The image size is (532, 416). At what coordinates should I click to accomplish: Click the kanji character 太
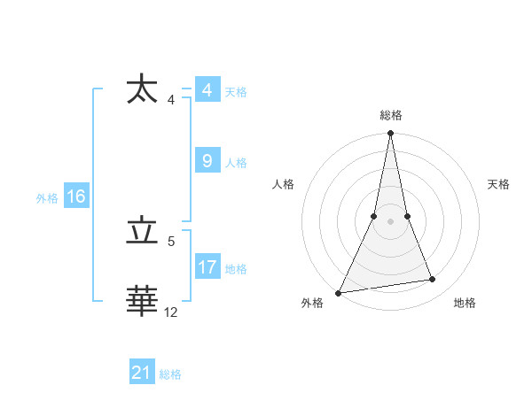click(142, 90)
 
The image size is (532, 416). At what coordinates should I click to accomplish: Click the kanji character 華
click(142, 301)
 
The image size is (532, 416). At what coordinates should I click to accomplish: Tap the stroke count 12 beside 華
click(171, 312)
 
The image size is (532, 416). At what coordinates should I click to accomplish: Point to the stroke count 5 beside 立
click(171, 241)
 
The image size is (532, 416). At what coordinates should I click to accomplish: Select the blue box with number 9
click(207, 161)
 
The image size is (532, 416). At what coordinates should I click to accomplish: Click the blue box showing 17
click(207, 267)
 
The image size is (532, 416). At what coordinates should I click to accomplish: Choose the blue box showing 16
click(75, 196)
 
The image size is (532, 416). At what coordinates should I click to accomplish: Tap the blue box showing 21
click(142, 373)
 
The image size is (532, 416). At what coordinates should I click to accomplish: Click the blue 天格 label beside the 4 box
click(236, 92)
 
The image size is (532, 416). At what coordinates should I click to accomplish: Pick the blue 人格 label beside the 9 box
click(236, 163)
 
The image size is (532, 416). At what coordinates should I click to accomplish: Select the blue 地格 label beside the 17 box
click(236, 269)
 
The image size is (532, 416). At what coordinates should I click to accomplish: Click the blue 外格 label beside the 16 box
click(47, 198)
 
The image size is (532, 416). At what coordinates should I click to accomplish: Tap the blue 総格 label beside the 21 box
click(170, 374)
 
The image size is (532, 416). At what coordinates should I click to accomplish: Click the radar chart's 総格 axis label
click(390, 115)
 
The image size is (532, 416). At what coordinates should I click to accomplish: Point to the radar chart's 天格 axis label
click(498, 184)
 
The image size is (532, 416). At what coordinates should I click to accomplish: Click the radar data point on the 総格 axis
click(390, 134)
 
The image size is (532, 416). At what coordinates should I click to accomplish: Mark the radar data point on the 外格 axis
click(338, 293)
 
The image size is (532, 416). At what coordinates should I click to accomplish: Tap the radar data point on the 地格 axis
click(433, 280)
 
